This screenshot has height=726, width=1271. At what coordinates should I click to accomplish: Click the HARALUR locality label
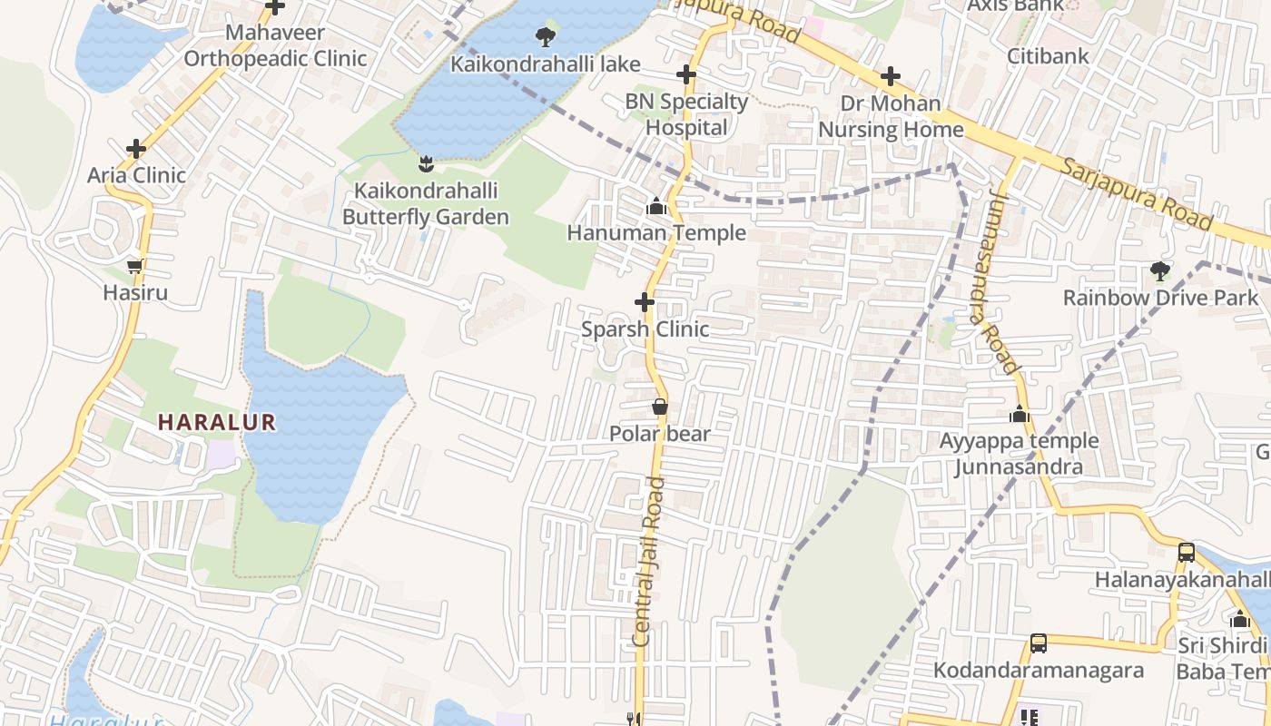[216, 422]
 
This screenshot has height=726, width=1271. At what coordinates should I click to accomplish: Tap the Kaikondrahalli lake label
[546, 64]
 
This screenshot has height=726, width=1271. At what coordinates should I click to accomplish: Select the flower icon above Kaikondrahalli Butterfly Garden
[426, 164]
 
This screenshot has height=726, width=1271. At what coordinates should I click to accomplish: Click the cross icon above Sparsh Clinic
[645, 301]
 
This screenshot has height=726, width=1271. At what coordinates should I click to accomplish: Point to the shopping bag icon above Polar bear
[660, 407]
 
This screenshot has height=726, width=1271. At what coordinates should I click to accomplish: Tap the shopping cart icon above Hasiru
[135, 267]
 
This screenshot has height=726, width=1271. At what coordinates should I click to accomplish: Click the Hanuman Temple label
[656, 233]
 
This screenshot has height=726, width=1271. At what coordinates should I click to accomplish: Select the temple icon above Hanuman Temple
[655, 208]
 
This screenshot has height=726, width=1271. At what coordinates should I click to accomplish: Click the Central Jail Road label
[650, 563]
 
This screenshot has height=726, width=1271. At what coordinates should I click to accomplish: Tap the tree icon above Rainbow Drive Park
[1159, 270]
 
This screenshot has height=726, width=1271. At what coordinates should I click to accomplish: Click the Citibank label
[1047, 56]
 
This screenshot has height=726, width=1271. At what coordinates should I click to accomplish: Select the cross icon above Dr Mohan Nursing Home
[891, 75]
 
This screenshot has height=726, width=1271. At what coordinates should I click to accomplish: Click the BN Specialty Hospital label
[686, 114]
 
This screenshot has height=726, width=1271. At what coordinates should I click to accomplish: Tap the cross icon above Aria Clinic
[136, 149]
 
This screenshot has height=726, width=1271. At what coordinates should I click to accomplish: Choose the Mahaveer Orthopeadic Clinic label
[275, 46]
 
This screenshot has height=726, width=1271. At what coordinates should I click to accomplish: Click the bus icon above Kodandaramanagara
[1039, 643]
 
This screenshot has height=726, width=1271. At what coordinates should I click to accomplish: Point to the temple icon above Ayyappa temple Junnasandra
[1019, 415]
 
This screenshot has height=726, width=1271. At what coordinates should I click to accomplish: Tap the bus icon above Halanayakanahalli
[1186, 552]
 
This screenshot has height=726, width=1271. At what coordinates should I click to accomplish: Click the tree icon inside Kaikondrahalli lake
[545, 37]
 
